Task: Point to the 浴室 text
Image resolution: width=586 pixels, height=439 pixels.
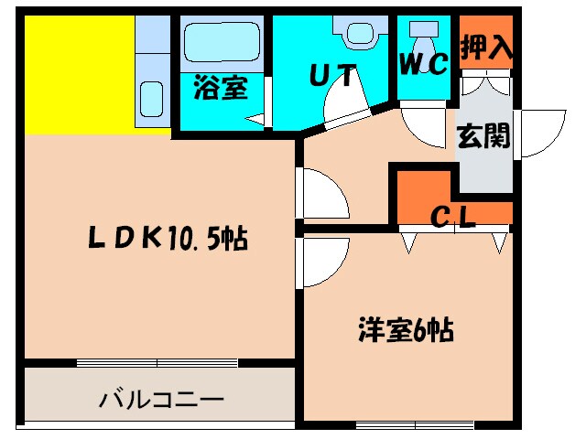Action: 220,89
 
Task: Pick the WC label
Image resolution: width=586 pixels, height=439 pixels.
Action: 422,64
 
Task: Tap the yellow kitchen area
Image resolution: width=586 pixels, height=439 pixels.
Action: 79,74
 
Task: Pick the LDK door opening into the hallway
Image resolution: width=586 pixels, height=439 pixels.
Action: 322,194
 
